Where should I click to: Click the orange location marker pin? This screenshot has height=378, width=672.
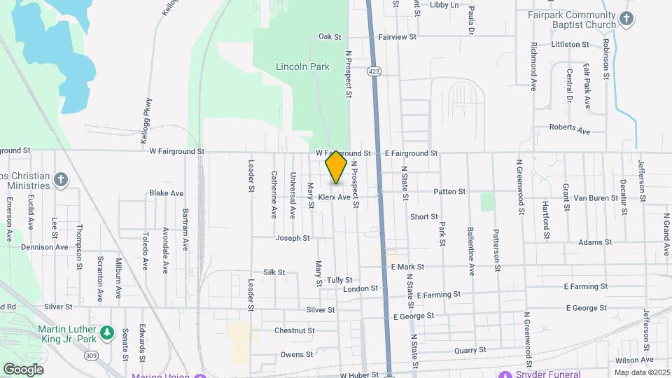pyautogui.click(x=336, y=167)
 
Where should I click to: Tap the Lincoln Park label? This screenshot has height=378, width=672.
pyautogui.click(x=302, y=67)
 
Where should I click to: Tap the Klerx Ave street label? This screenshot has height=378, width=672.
pyautogui.click(x=333, y=197)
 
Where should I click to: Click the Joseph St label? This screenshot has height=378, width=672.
pyautogui.click(x=292, y=238)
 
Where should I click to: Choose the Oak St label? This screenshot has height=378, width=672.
pyautogui.click(x=329, y=36)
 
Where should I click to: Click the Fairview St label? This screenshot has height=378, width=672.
pyautogui.click(x=397, y=36)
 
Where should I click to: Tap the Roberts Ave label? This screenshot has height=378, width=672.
pyautogui.click(x=569, y=128)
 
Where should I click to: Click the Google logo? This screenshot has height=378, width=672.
pyautogui.click(x=23, y=369)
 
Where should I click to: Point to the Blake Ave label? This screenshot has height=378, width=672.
pyautogui.click(x=166, y=192)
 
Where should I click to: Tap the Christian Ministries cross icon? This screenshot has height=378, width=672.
pyautogui.click(x=61, y=180)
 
